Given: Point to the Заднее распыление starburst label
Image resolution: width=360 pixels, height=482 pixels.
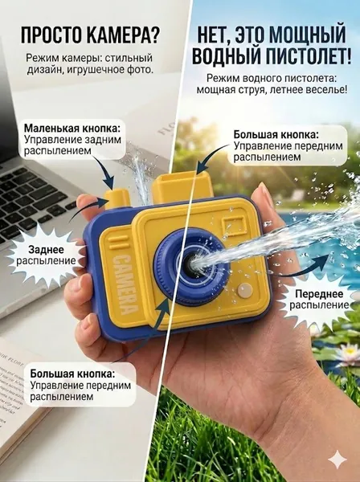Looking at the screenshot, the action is (46, 255).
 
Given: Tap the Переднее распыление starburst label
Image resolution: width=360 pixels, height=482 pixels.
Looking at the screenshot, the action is (319, 300).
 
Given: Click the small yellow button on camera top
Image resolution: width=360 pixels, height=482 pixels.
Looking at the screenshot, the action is (117, 200).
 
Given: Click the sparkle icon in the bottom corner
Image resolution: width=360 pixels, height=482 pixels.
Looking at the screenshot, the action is (337, 460).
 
